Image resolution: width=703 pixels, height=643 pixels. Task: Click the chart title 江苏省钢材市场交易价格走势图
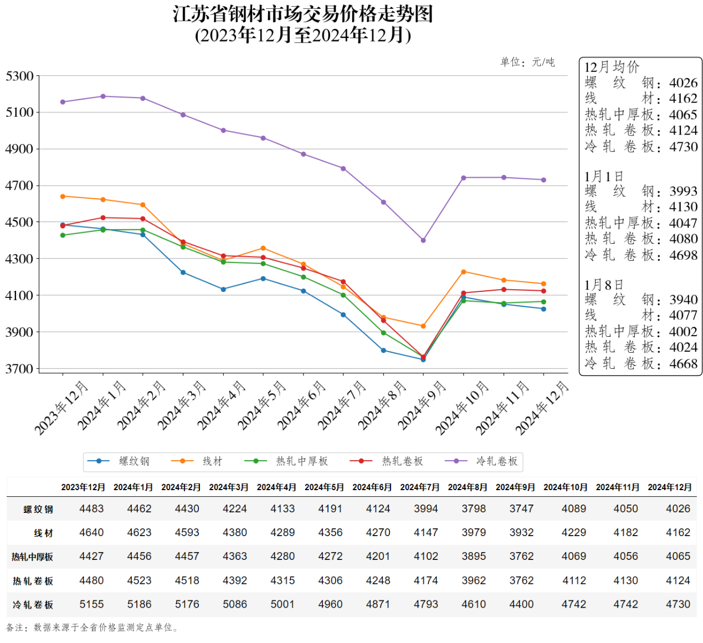302,14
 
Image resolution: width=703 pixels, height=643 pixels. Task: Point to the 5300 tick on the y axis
19,76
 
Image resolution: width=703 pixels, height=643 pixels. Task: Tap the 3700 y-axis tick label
19,369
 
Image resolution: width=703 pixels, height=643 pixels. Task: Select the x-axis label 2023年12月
61,408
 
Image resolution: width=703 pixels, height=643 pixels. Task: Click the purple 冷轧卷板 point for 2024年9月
423,240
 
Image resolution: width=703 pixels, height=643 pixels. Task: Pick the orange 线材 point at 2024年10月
464,272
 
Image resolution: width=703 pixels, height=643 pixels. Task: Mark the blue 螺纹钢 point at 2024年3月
183,272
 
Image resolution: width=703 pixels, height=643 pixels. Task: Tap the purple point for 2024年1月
103,96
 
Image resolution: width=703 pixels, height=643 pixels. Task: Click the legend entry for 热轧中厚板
302,461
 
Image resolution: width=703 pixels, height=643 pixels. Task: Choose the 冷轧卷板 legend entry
497,461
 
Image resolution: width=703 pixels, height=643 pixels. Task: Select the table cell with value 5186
139,604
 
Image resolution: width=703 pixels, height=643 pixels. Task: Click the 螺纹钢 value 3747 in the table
521,508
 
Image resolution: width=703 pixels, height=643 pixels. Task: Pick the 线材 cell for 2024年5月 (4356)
330,532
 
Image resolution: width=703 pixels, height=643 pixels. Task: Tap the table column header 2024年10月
565,487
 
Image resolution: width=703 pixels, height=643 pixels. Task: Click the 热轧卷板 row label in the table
33,581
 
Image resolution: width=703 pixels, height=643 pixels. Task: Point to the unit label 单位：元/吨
527,62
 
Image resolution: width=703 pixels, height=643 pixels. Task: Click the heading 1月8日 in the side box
603,285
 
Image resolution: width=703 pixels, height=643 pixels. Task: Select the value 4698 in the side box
683,255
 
